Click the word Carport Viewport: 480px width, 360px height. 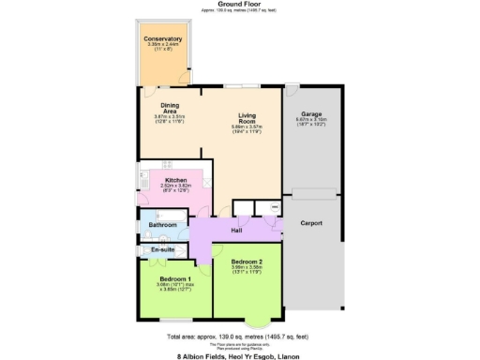pos(312,223)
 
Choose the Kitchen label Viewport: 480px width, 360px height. pos(176,180)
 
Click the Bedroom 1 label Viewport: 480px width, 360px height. pos(176,278)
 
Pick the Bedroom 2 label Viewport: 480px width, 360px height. pos(247,261)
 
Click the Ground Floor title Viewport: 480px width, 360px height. pos(239,4)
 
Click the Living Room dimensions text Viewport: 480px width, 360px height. pos(248,127)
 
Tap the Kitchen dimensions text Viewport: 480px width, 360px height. pos(176,188)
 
